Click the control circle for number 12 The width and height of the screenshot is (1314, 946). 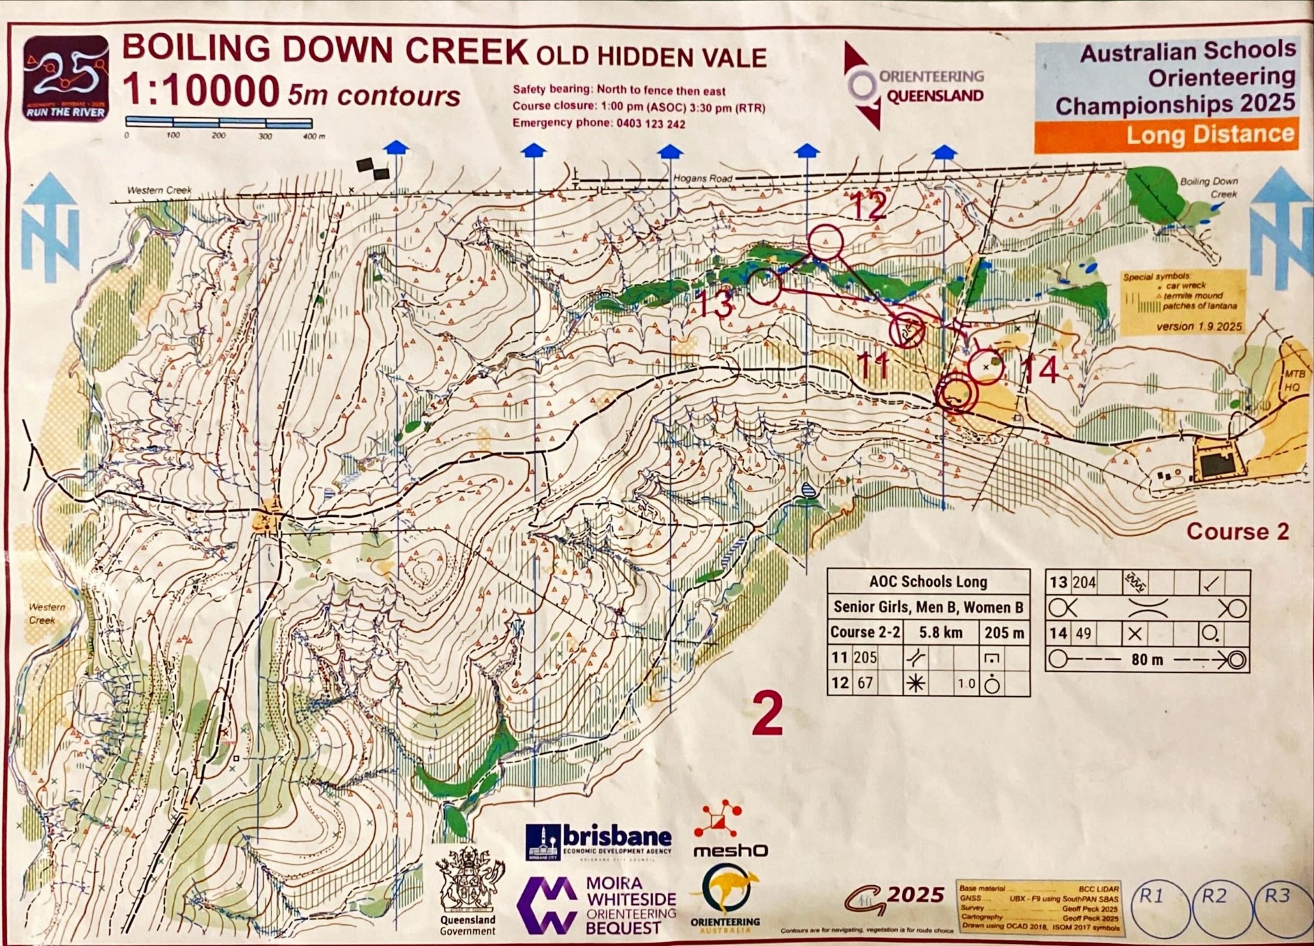pos(825,242)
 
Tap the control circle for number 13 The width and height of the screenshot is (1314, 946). pos(764,286)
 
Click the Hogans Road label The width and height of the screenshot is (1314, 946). pos(702,178)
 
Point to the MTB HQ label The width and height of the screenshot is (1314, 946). pos(1293,381)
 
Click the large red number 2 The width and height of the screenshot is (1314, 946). pos(767,713)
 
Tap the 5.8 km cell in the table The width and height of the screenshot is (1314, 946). pos(940,632)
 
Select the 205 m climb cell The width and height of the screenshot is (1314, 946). pos(1004,632)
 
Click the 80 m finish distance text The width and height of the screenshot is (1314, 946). pos(1147,660)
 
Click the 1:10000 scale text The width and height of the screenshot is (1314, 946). pos(201,90)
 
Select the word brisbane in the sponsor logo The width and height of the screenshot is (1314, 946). pos(616,836)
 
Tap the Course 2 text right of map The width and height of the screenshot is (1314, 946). pos(1237,531)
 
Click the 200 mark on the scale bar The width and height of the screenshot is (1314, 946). pos(219,136)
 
